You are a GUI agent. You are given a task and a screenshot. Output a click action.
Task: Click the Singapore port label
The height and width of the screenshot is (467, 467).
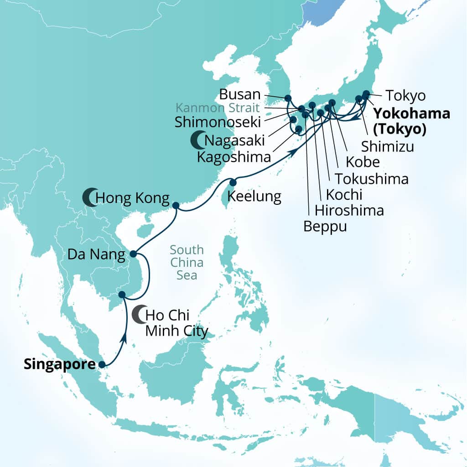click(x=59, y=364)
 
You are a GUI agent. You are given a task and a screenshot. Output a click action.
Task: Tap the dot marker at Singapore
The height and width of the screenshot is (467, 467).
click(x=102, y=364)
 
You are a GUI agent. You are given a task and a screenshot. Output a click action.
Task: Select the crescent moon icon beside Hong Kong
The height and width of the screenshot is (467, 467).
click(x=89, y=198)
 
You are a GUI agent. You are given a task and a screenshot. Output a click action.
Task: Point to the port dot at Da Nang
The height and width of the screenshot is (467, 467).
click(x=133, y=254)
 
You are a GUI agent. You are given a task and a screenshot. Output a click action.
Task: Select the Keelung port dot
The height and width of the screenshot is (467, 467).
click(x=233, y=182)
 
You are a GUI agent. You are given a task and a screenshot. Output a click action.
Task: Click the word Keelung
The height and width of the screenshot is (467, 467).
click(x=254, y=197)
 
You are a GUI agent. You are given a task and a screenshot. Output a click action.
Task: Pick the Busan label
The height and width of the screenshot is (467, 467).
click(x=240, y=95)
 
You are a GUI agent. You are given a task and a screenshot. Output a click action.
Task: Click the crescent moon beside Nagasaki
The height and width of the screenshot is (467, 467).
click(x=197, y=140)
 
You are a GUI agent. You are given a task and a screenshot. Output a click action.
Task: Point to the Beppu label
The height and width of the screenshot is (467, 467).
click(x=325, y=226)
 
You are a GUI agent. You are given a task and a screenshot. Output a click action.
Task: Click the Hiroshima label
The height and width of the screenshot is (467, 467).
click(x=349, y=210)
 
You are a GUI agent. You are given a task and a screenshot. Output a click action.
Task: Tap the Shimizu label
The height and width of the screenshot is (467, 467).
click(x=388, y=146)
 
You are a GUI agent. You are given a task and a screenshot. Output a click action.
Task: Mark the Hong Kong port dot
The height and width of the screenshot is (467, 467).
click(x=176, y=206)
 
